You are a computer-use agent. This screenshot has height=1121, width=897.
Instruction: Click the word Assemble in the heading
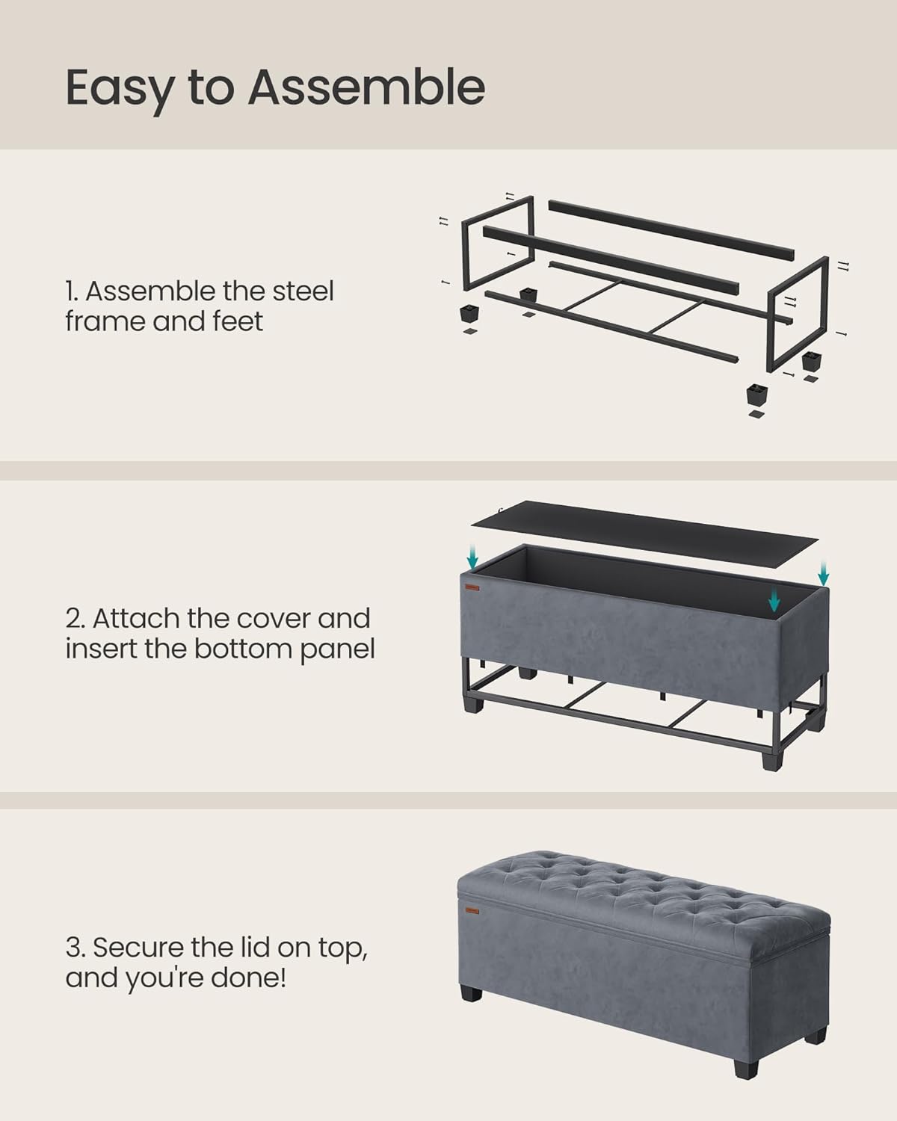(366, 87)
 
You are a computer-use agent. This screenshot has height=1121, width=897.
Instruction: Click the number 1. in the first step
(73, 291)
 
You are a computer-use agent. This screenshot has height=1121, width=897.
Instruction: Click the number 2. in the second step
(75, 619)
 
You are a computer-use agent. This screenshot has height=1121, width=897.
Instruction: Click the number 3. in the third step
(75, 947)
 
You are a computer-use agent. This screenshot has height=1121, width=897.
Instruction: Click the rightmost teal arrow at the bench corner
(823, 574)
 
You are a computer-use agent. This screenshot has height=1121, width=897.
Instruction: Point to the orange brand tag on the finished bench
(472, 910)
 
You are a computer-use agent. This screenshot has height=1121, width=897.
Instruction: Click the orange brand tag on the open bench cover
(472, 588)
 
